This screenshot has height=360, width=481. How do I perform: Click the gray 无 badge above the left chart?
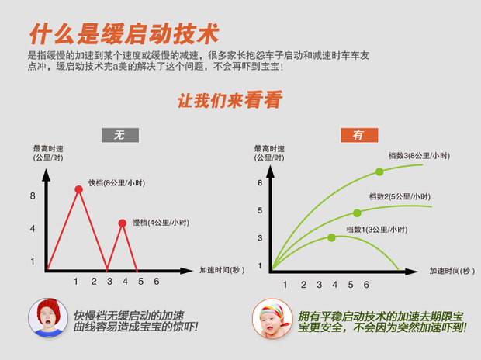click(120, 135)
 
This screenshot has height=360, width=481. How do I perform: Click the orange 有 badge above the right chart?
click(359, 135)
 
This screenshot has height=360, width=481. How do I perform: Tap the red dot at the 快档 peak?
click(78, 189)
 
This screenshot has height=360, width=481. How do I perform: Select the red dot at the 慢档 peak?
click(123, 223)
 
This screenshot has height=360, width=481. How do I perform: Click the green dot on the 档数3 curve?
click(379, 172)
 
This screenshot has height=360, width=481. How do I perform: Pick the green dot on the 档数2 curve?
click(357, 213)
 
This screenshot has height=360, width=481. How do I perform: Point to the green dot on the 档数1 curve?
click(331, 237)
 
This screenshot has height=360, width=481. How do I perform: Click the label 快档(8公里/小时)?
click(116, 183)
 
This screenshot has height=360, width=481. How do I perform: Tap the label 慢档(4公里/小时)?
click(161, 223)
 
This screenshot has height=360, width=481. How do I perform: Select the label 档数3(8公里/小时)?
click(419, 156)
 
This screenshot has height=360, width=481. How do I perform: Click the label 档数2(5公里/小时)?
click(400, 196)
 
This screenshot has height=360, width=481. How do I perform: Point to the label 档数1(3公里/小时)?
click(377, 230)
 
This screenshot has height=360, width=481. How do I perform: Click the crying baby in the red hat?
click(48, 318)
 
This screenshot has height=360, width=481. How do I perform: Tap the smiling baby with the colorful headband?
click(272, 319)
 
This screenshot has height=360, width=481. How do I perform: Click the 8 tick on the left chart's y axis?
click(33, 196)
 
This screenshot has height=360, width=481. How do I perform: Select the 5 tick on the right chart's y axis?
click(260, 210)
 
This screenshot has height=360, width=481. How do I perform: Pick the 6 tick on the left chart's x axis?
click(157, 282)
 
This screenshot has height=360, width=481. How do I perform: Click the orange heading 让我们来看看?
click(230, 100)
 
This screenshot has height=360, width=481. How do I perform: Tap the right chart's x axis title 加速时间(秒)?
click(452, 271)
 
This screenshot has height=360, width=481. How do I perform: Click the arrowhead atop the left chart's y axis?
click(46, 175)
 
